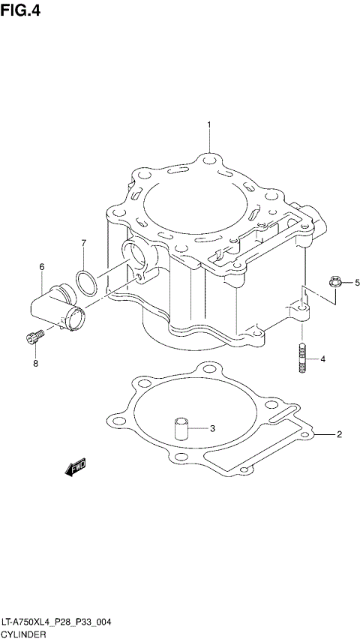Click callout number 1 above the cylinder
coord(209,124)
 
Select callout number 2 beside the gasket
coord(339,434)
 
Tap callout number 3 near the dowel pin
coord(212,429)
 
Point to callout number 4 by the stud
coord(322,359)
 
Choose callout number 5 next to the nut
coord(357,282)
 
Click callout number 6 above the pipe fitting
coord(42,267)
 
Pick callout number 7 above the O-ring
coord(84,243)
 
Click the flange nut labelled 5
coord(334,283)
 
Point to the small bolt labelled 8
coord(31,340)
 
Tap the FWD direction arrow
coord(76,469)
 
